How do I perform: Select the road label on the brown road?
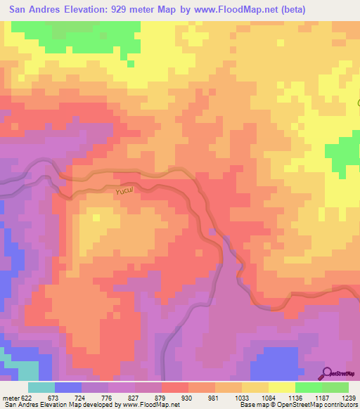tap(124, 190)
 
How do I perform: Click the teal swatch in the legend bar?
tap(41, 387)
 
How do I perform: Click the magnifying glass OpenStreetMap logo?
tap(327, 374)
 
